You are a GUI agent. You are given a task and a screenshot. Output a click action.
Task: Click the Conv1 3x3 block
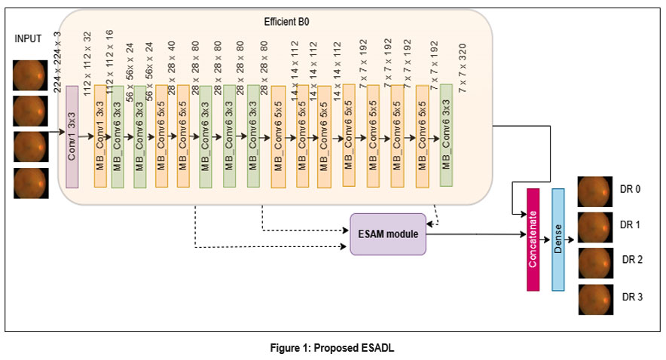pos(72,136)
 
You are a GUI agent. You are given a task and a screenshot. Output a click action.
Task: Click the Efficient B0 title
pos(286,23)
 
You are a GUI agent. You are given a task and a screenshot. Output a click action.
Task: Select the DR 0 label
pos(631,189)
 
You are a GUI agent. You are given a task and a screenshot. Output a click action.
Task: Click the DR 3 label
pos(631,297)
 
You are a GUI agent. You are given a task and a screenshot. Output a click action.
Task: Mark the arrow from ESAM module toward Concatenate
pos(475,233)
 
